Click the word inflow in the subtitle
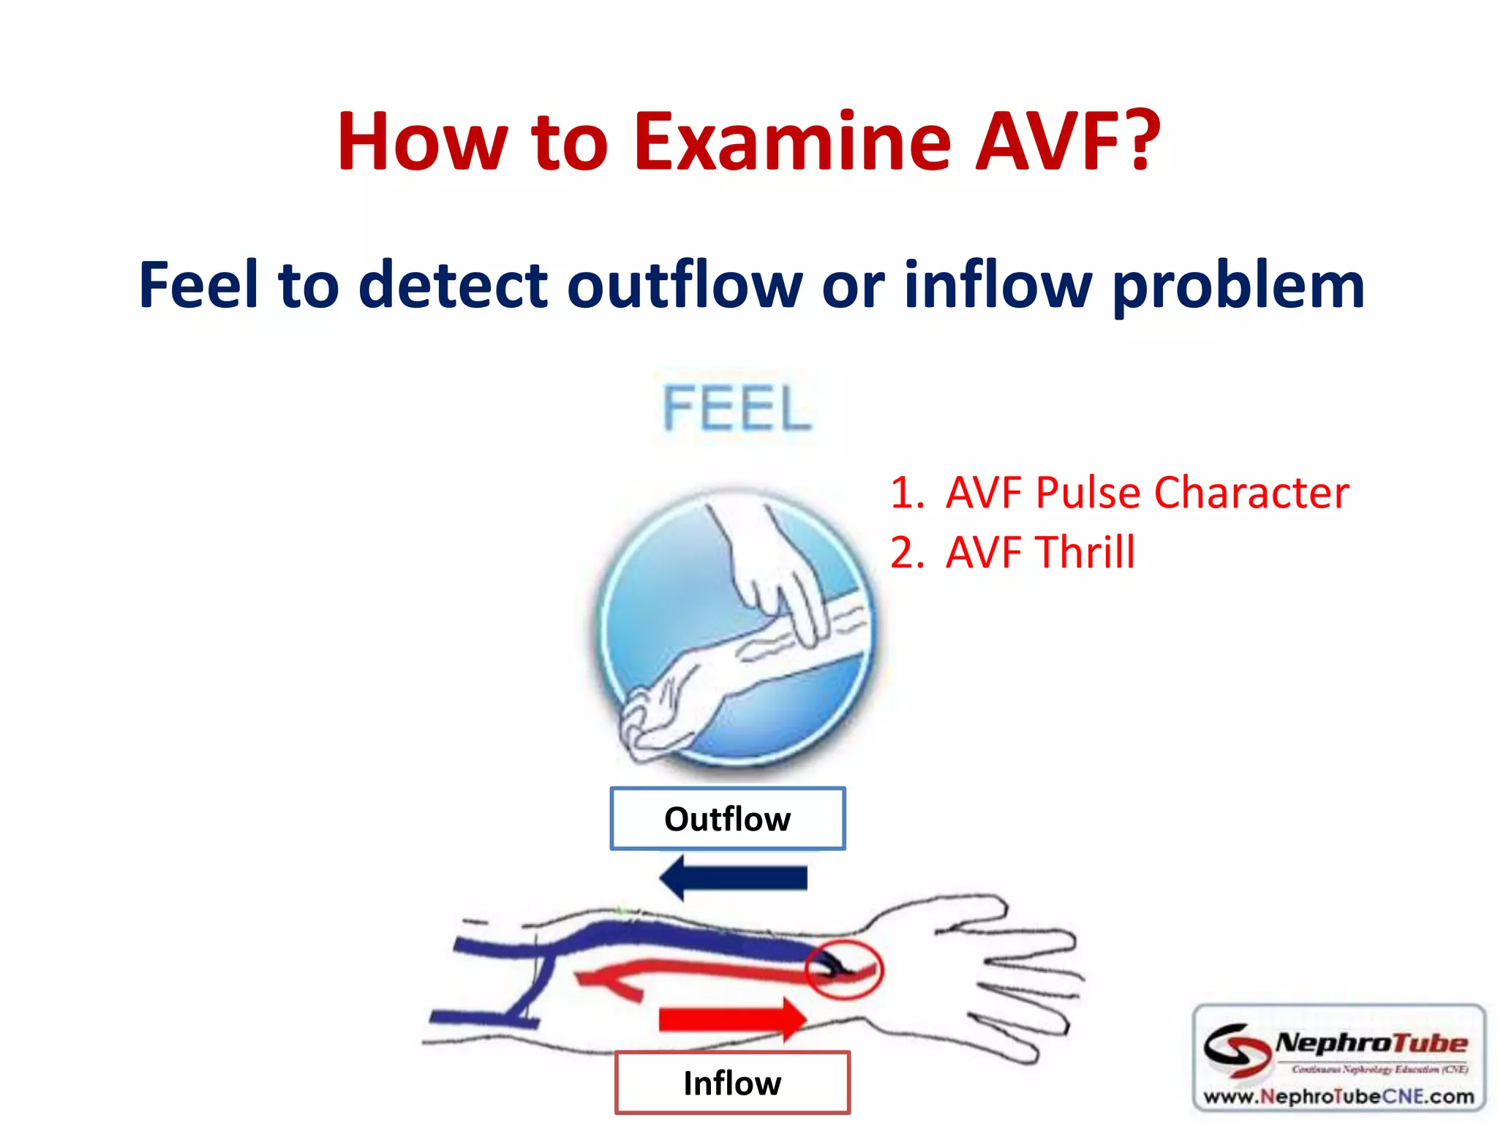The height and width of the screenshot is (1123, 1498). coord(998,285)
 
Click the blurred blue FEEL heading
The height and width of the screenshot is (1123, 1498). coord(737,409)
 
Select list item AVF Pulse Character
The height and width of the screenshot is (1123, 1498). coord(1119,493)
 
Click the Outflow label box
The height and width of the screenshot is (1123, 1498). coord(728,819)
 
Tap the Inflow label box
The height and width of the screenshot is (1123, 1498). coord(732,1083)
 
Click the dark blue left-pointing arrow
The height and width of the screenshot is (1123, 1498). coord(732,877)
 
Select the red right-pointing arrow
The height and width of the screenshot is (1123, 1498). coord(732,1019)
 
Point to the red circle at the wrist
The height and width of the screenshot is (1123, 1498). coord(845,970)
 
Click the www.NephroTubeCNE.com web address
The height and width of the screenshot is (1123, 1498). coord(1339,1097)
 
